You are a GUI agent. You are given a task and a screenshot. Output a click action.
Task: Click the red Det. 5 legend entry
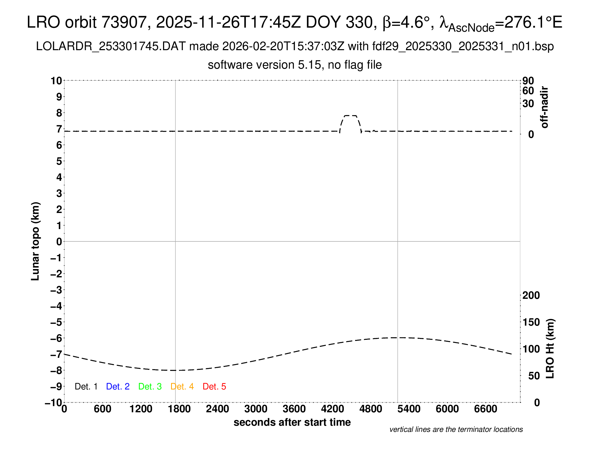point(214,387)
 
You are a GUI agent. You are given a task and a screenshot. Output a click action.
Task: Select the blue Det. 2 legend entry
point(118,387)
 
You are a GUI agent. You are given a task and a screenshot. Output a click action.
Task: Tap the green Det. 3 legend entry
point(150,387)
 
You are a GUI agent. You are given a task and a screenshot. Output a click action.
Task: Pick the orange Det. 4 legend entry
point(182,387)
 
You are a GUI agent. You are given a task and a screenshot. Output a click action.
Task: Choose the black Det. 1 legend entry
point(86,387)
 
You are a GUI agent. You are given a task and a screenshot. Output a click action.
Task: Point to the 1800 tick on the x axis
point(179,409)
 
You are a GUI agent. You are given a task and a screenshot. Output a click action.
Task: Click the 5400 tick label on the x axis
point(409,409)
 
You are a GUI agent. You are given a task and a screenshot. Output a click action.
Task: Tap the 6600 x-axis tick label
point(486,409)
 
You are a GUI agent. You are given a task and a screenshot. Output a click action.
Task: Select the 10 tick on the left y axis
point(57,80)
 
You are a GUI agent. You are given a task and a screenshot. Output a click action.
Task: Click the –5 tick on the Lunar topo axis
point(57,322)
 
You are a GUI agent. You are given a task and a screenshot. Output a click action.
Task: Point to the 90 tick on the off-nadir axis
point(528,80)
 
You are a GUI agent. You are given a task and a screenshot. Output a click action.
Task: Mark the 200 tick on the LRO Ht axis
point(531,295)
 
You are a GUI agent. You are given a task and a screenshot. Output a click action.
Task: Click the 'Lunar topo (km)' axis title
point(35,241)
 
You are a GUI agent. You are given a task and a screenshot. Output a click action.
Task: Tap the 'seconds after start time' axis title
point(292,422)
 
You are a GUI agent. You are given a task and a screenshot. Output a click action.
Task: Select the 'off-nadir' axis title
point(544,107)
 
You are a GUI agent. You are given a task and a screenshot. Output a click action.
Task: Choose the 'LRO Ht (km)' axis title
point(550,349)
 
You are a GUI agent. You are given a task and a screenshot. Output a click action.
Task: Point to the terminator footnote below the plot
point(456,429)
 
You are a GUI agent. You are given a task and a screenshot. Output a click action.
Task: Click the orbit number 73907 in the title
point(124,22)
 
